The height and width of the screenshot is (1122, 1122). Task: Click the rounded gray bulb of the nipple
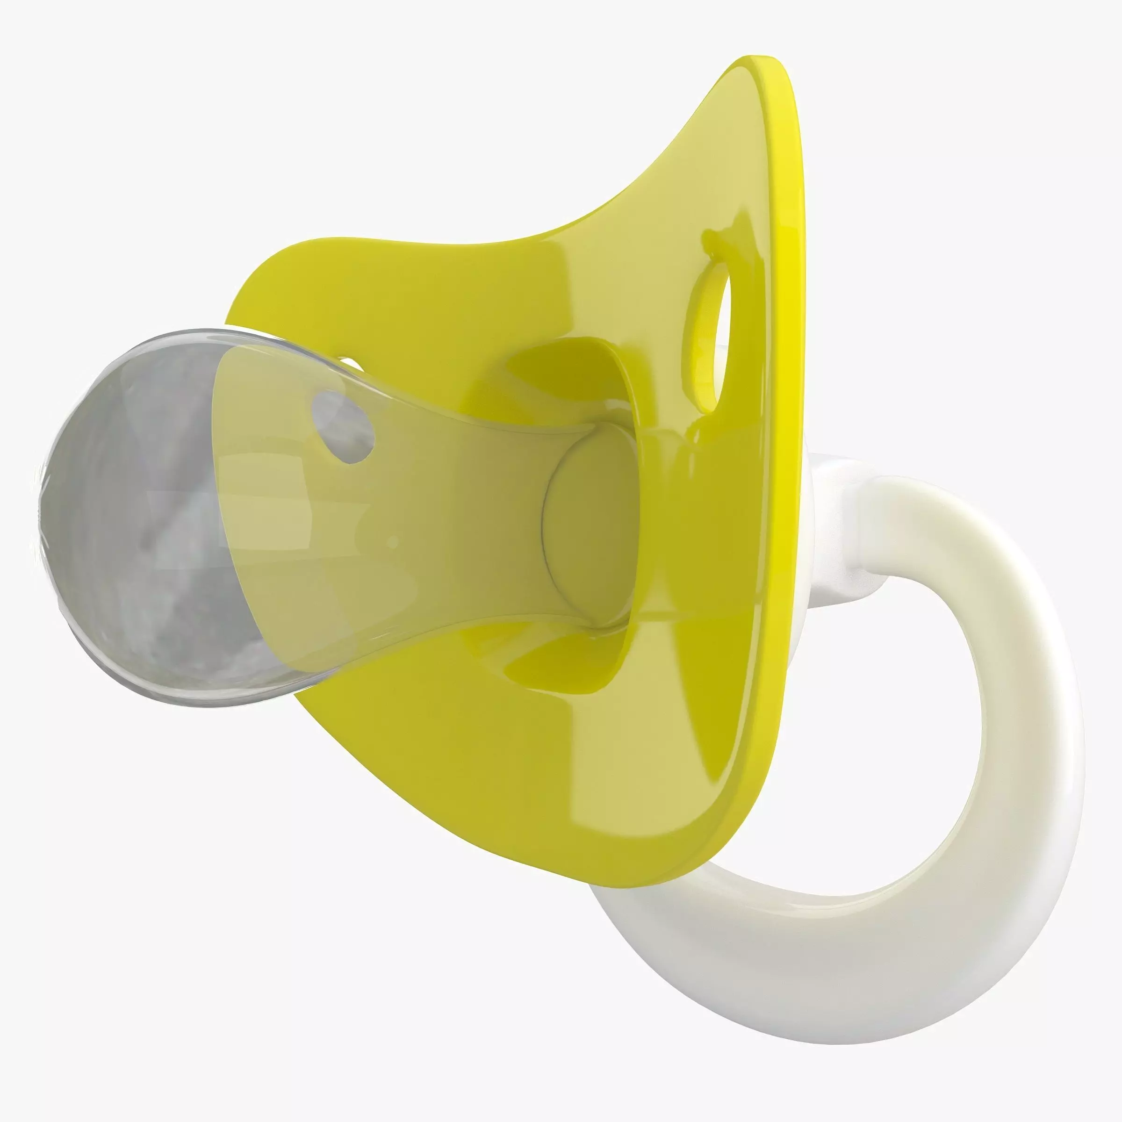pyautogui.click(x=134, y=523)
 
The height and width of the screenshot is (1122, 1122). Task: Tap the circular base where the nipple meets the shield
pyautogui.click(x=587, y=523)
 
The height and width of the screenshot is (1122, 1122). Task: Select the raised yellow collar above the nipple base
pyautogui.click(x=581, y=372)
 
